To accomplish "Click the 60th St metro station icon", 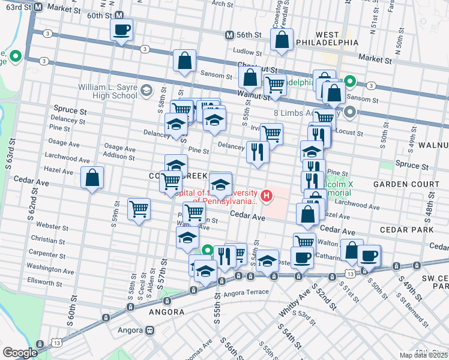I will [119, 16].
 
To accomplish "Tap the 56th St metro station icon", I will [229, 35].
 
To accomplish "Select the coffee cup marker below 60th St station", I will [121, 29].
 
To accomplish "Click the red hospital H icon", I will [265, 196].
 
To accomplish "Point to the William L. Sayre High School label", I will [107, 91].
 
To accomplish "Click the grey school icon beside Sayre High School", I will [146, 91].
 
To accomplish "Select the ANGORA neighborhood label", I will [167, 312].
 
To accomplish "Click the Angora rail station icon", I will [149, 331].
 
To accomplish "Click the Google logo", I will [20, 352].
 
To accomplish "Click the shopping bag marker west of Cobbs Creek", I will [92, 178].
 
